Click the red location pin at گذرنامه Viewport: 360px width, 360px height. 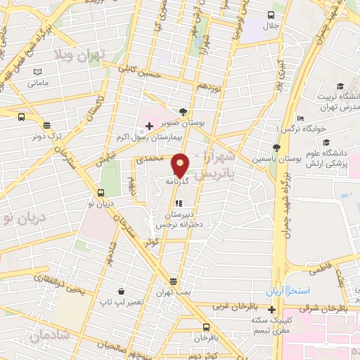coord(180,165)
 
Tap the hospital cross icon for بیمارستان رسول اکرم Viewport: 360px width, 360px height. coord(149,125)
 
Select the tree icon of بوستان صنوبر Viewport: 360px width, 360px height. coord(184,111)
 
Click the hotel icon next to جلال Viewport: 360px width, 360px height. coord(271,15)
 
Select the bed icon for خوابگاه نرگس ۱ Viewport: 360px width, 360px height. coord(300,118)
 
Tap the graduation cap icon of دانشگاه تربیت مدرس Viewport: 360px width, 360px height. coord(340,86)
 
